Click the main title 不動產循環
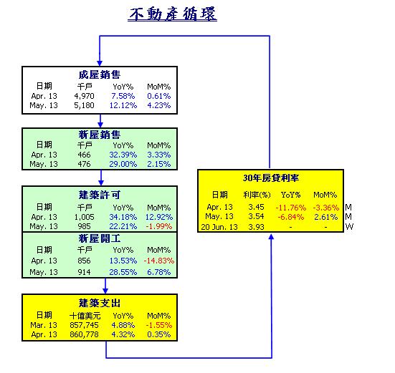coord(172,14)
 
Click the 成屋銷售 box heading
coord(100,74)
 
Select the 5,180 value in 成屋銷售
coord(84,105)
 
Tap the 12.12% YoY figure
coord(123,105)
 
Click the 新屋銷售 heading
coord(100,135)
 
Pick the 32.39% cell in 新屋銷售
coord(123,155)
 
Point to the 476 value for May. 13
coord(84,164)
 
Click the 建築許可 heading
coord(100,195)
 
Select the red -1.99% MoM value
coord(159,226)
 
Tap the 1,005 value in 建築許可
coord(84,217)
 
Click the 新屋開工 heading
coord(100,238)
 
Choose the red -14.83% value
coord(159,261)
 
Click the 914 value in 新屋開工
coord(84,272)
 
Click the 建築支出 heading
coord(100,303)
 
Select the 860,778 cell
coord(84,334)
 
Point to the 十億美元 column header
coord(85,316)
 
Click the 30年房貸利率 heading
coord(271,178)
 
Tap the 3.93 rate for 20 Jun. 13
coord(256,227)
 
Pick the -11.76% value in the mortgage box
coord(291,208)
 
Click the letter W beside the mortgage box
coord(349,227)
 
